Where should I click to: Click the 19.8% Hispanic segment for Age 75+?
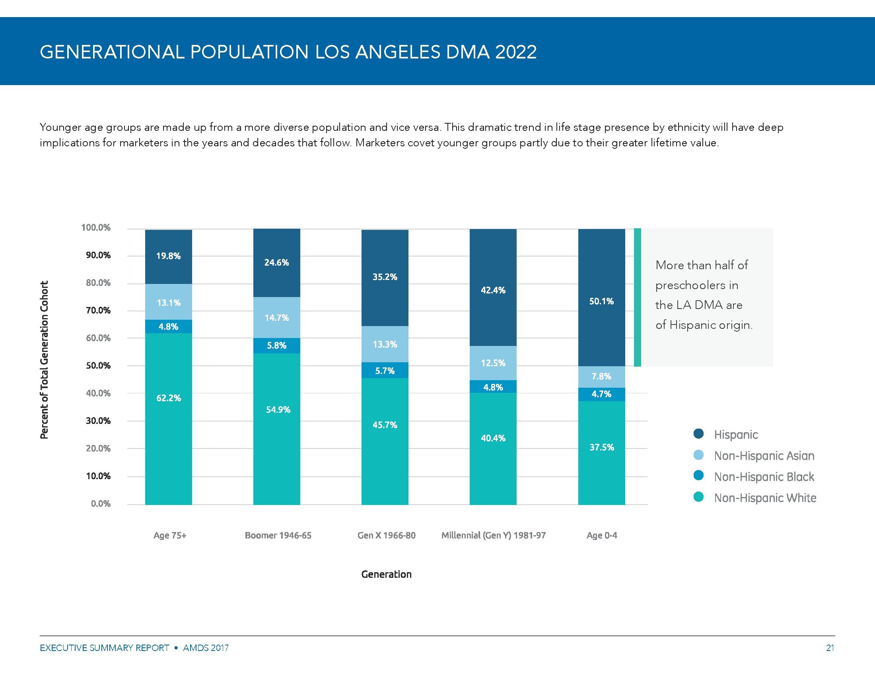tap(168, 256)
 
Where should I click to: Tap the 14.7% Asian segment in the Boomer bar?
tap(276, 318)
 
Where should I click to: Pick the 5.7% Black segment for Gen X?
tap(385, 371)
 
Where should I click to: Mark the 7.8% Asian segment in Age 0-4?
tap(601, 377)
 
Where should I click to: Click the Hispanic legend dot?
tap(698, 434)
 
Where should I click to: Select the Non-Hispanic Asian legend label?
tap(764, 456)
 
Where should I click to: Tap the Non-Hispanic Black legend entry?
tap(764, 476)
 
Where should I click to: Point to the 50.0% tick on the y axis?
tap(98, 365)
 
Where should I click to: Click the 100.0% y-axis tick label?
tap(96, 227)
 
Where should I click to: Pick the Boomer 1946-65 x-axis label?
tap(278, 536)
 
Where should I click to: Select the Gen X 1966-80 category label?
tap(386, 536)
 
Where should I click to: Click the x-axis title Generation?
tap(386, 574)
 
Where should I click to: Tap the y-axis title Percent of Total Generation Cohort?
tap(44, 359)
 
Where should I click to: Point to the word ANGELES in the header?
tap(397, 52)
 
